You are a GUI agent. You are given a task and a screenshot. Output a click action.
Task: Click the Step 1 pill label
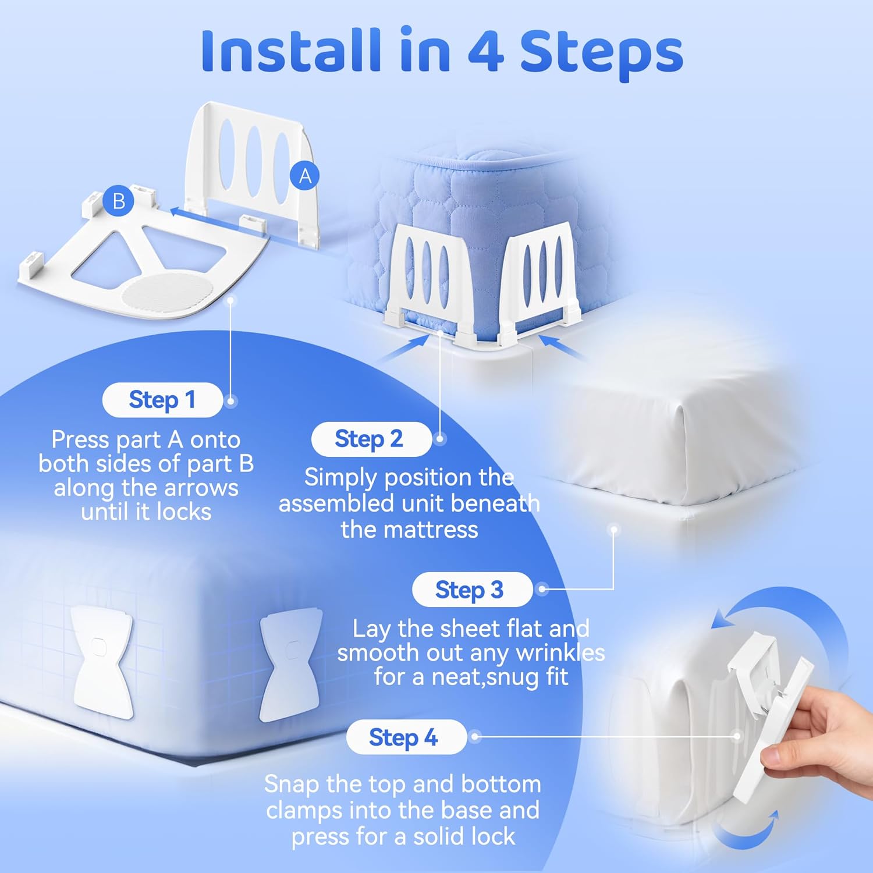click(162, 400)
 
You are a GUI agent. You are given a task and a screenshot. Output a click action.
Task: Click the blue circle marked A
click(305, 176)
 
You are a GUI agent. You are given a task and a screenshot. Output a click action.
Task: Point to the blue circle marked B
click(119, 201)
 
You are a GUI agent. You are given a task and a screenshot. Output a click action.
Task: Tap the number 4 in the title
click(485, 52)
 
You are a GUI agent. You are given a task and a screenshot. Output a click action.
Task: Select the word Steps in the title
click(602, 55)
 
